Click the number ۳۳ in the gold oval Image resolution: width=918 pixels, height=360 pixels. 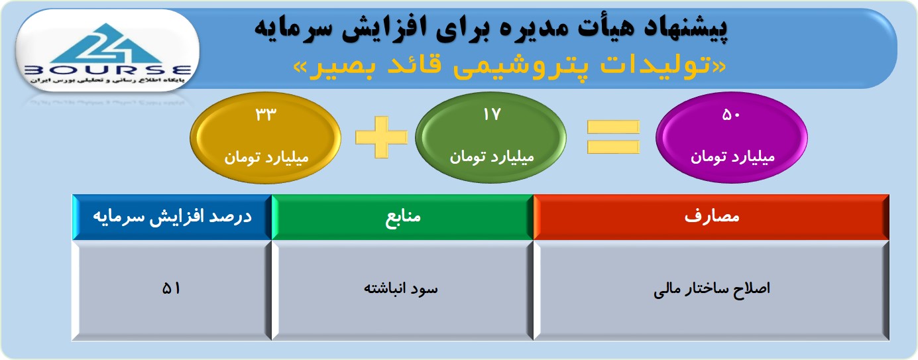coord(266,115)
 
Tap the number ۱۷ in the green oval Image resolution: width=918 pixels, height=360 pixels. coord(491,115)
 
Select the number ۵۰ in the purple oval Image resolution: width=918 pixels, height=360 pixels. coord(731,115)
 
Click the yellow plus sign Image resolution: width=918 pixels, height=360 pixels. coord(381,137)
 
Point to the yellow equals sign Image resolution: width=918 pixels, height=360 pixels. coord(613,137)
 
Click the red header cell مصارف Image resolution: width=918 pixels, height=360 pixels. coord(711,217)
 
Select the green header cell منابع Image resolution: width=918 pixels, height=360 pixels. coord(402,217)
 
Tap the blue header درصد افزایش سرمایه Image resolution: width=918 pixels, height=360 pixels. coord(172,217)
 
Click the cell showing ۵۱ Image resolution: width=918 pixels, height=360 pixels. coord(172,290)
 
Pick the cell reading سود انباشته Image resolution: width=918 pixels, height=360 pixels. coord(402,290)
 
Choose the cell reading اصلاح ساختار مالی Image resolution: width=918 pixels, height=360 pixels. coord(711,290)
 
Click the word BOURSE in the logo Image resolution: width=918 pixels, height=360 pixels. coord(107,70)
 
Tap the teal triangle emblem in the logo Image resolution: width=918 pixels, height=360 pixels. coord(107,43)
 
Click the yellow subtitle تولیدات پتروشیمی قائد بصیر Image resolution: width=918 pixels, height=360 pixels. coord(510,66)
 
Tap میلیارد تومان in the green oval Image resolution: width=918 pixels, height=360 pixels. coord(491,157)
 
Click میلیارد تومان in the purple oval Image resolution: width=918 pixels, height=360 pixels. coord(732,157)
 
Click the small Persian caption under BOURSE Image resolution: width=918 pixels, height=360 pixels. coord(107,80)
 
